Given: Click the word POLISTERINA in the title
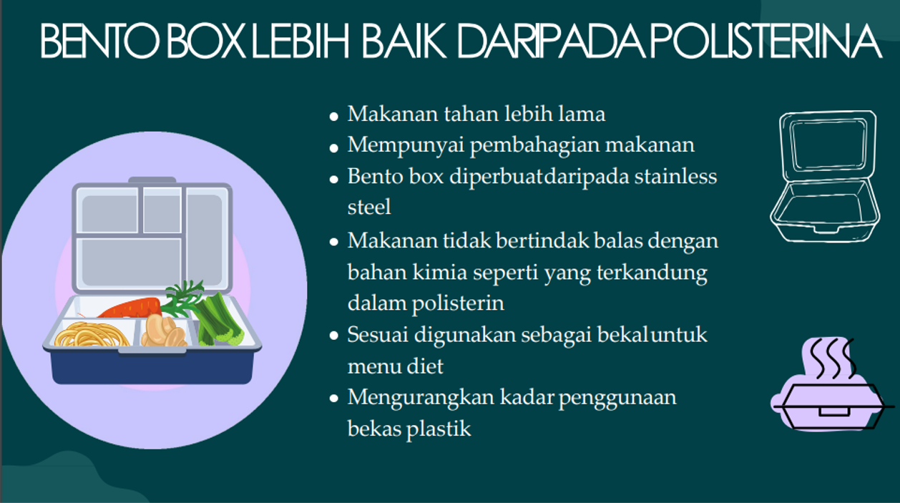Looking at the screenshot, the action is tap(766, 41).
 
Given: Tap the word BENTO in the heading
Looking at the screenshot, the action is tap(99, 41).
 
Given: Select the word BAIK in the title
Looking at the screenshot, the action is tap(404, 41).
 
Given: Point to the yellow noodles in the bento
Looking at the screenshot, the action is tap(92, 335).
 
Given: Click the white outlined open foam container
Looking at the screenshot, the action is tap(826, 176).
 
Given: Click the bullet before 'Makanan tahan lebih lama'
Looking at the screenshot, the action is tap(333, 117).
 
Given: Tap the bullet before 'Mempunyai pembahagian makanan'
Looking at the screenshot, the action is tap(333, 148).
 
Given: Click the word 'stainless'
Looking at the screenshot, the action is tap(675, 177).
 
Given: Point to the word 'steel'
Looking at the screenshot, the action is tap(369, 207).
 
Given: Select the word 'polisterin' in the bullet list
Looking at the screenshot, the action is tap(458, 303).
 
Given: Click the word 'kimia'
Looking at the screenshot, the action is tap(439, 273).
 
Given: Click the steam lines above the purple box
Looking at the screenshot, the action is tap(832, 358).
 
